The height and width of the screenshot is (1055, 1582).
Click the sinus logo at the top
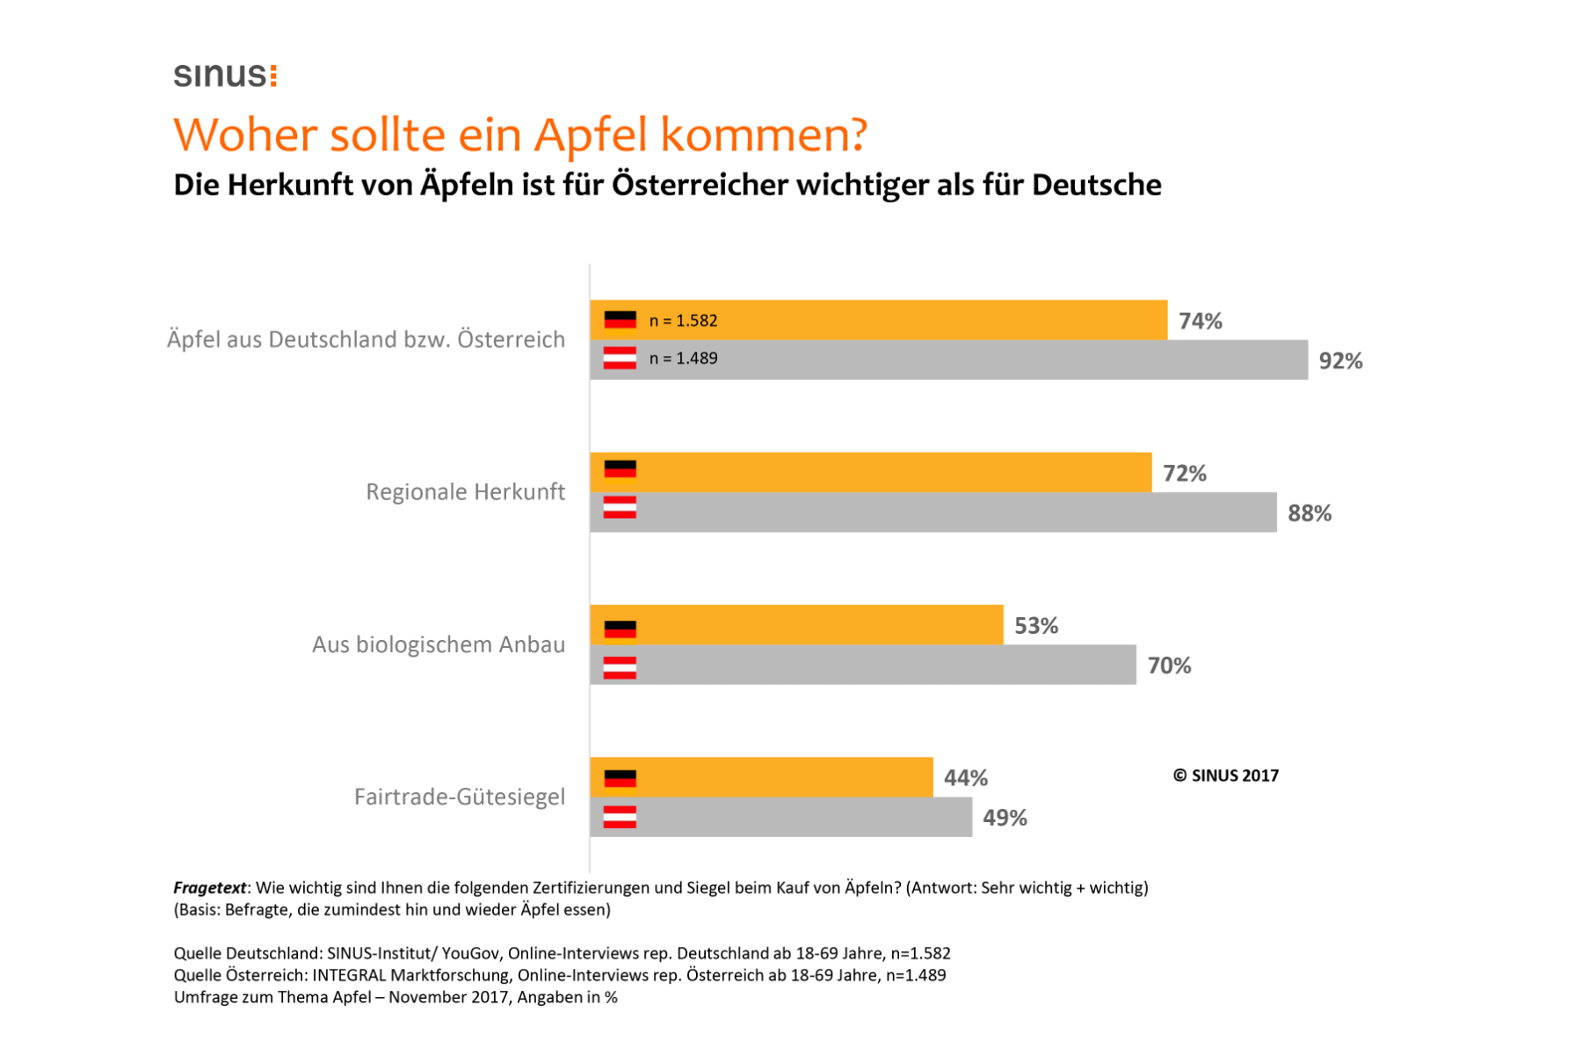point(225,75)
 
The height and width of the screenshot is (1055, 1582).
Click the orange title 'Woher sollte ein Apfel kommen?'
point(519,135)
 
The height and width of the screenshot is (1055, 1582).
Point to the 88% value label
point(1309,513)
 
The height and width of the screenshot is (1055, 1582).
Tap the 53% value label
point(1035,626)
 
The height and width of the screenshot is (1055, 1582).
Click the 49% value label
point(1004,818)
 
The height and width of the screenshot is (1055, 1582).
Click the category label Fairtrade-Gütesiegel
point(459,797)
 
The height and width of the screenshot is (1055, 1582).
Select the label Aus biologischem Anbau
point(438,644)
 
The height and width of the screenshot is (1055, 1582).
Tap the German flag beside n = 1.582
point(620,320)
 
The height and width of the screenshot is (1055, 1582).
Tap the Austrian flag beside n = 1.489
point(620,358)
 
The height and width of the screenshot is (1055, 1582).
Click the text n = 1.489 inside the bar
point(683,358)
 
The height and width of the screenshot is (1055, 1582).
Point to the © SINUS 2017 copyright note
point(1225,775)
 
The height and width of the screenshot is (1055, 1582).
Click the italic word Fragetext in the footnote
point(209,888)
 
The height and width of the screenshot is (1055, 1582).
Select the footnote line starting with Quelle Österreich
point(559,975)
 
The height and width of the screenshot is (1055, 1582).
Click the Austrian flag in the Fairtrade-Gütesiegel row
point(620,818)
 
